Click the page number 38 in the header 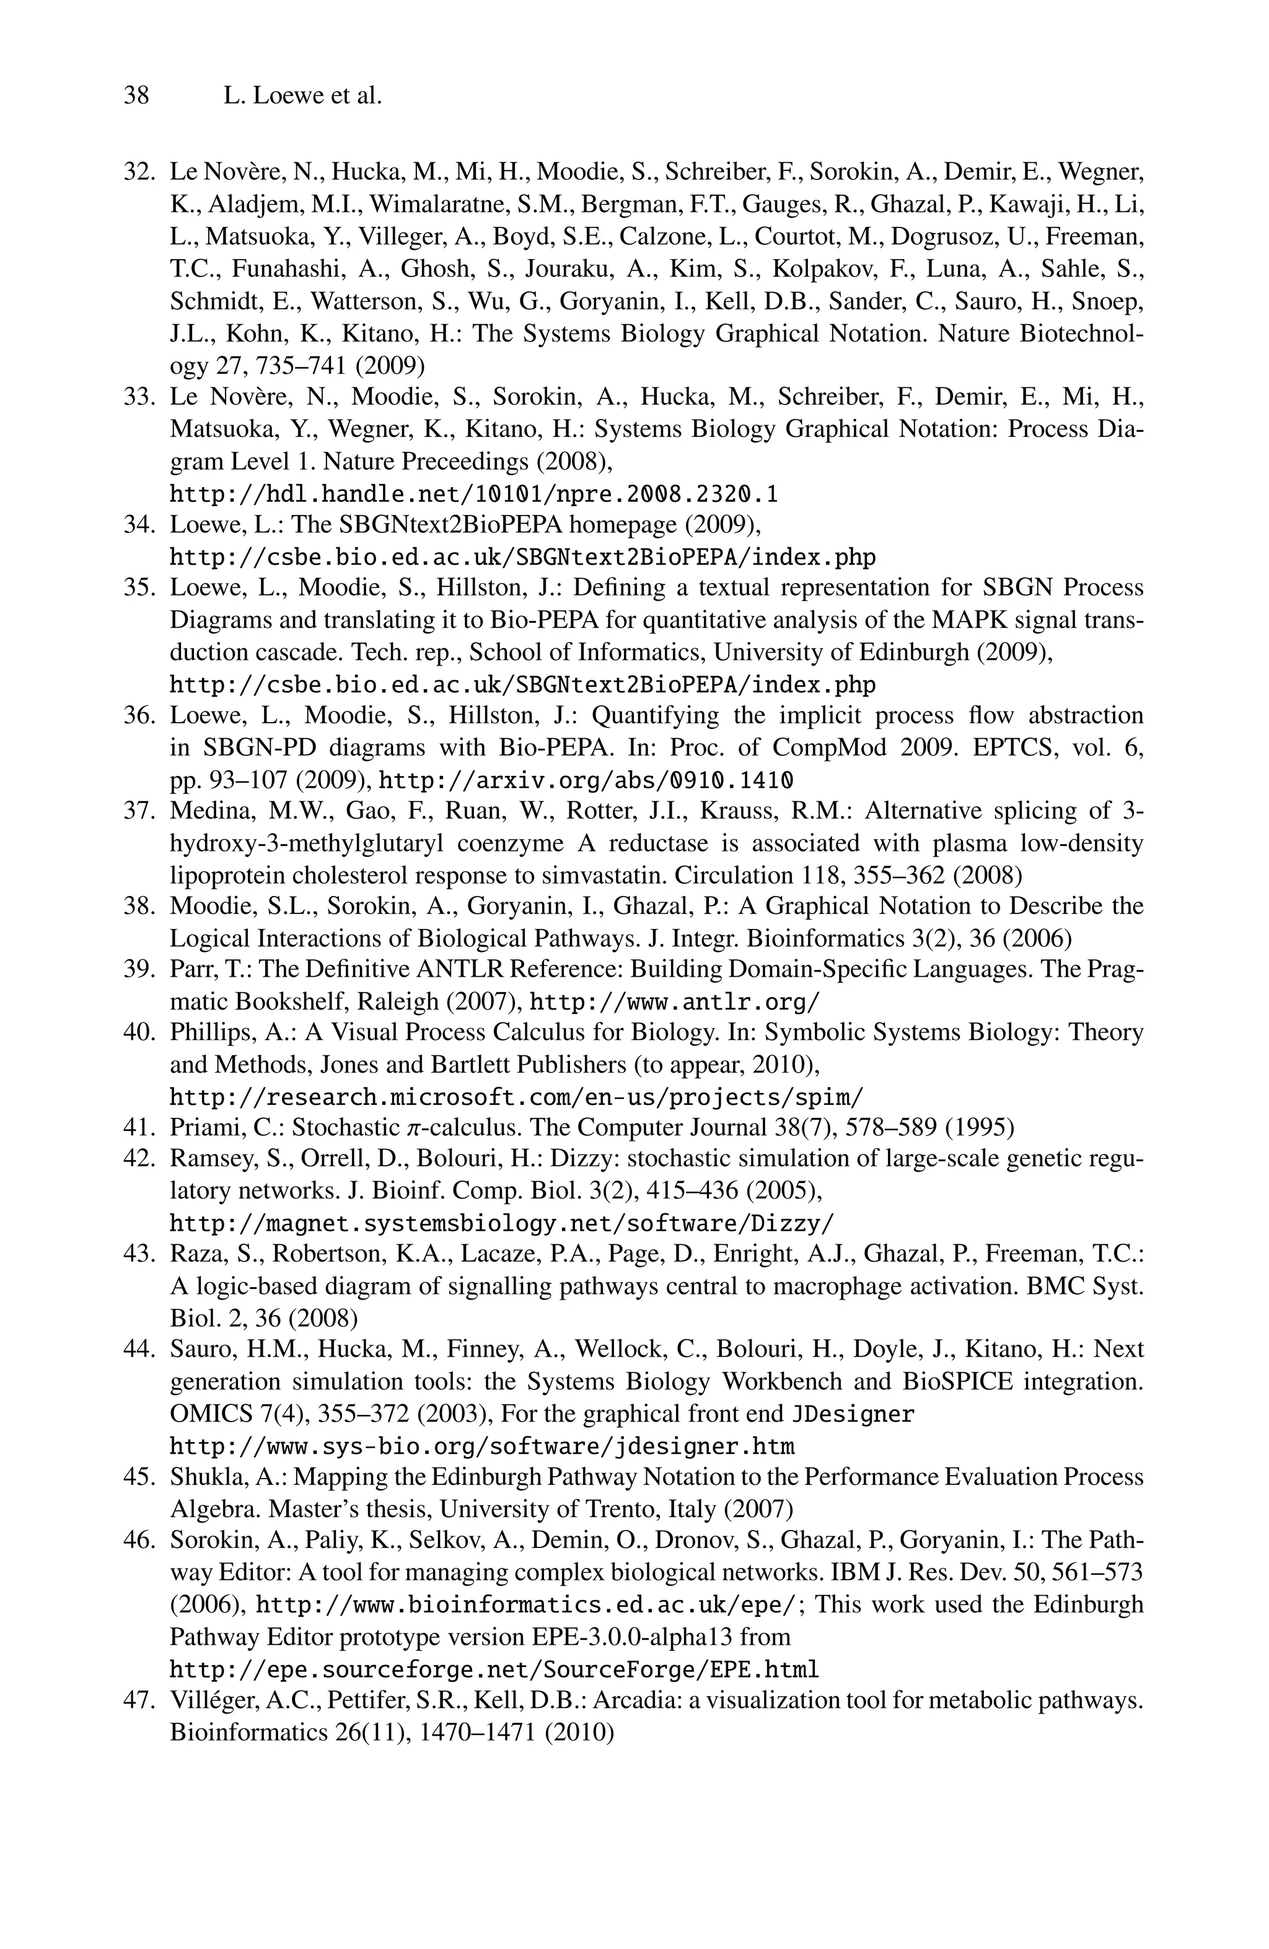(136, 96)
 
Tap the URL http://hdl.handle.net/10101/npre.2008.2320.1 (474, 494)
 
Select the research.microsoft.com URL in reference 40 (516, 1096)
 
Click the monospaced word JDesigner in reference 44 (853, 1414)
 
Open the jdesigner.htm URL (482, 1446)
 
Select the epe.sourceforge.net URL (494, 1668)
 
